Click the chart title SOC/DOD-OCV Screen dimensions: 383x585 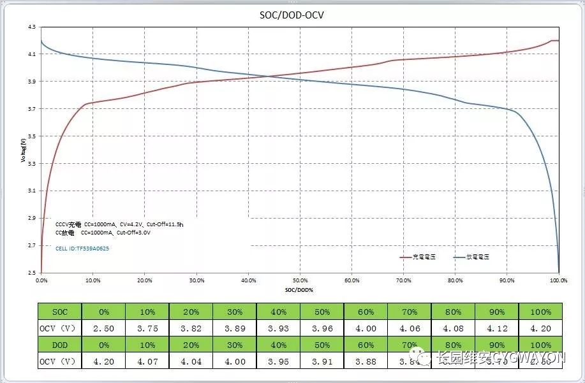(x=292, y=14)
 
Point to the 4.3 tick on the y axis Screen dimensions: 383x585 (x=32, y=27)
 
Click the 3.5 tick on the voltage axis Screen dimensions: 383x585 (x=32, y=136)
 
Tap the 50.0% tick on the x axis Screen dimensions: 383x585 (x=300, y=280)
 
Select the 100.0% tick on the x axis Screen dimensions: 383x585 (x=558, y=280)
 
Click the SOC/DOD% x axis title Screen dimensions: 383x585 (x=300, y=289)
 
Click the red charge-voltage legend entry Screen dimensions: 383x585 (x=417, y=257)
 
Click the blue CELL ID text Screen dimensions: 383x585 (x=82, y=249)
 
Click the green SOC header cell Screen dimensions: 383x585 (x=59, y=312)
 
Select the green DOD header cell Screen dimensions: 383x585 (x=59, y=345)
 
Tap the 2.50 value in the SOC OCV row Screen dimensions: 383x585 (x=103, y=329)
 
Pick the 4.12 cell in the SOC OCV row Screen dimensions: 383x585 (x=497, y=329)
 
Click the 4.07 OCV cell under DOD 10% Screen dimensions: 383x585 (x=147, y=362)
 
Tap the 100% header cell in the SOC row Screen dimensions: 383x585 (x=541, y=312)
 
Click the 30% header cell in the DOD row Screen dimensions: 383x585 (x=234, y=345)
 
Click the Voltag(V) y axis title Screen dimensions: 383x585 (x=23, y=150)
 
